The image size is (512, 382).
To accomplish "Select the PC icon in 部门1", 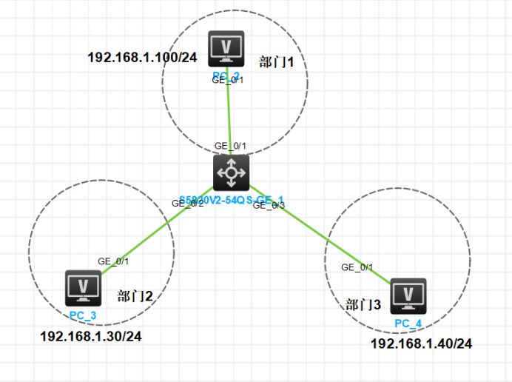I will (227, 49).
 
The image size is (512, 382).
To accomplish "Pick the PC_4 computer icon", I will (408, 296).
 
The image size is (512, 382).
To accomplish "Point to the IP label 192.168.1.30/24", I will (90, 336).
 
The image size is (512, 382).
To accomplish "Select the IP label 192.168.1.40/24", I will (420, 344).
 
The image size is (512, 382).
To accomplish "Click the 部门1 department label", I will (277, 62).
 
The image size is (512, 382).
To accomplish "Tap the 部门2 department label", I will (135, 297).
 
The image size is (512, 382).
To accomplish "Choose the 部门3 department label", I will (364, 304).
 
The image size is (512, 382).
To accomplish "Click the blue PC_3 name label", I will (84, 315).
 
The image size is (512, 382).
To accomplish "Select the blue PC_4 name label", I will (408, 324).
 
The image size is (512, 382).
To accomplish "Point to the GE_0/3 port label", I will (268, 207).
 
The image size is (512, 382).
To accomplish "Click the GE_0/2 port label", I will (187, 203).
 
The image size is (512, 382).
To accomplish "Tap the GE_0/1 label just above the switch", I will (230, 146).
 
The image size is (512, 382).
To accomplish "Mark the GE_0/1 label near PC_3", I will (113, 261).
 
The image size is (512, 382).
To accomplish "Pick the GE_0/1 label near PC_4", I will (357, 267).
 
